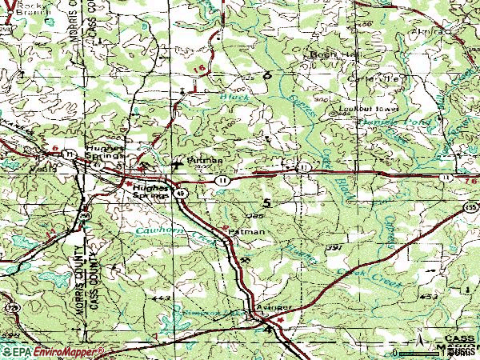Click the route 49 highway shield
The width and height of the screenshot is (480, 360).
tap(182, 193)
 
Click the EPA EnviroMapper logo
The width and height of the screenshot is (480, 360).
tap(52, 351)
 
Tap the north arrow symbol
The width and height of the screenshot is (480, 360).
tap(419, 342)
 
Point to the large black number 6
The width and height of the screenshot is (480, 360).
tap(266, 75)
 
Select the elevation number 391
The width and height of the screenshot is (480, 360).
tap(334, 249)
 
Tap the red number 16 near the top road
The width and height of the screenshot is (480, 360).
tap(198, 70)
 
